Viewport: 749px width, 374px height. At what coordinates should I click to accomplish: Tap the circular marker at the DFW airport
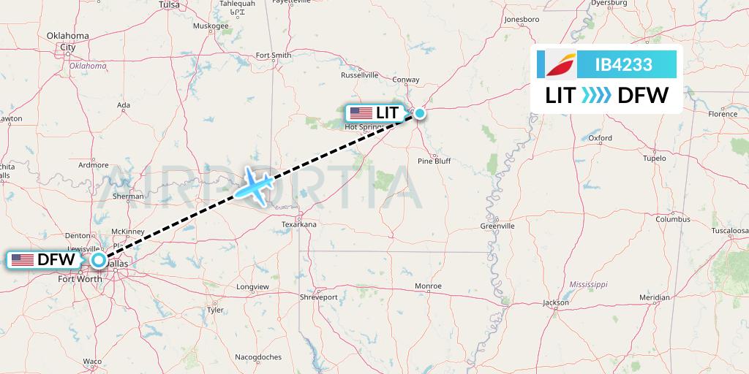coord(99,259)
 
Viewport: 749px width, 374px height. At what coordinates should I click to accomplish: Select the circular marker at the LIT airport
coord(420,113)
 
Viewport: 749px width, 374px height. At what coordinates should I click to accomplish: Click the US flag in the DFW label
coord(22,259)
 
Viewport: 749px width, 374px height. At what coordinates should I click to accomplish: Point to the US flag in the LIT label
coord(361,113)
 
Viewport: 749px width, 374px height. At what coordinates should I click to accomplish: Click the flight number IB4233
coord(623,64)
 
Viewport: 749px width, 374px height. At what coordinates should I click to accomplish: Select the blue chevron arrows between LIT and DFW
coord(596,95)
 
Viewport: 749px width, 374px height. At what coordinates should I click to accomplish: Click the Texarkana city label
coord(298,224)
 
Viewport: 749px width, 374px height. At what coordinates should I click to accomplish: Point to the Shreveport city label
coord(319,297)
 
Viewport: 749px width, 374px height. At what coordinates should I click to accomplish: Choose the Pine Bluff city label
coord(434,161)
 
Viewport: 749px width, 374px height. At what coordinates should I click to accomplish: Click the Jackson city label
coord(556,302)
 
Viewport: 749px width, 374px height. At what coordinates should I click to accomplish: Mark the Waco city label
coord(92,362)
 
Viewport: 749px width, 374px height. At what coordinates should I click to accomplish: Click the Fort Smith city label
coord(274,56)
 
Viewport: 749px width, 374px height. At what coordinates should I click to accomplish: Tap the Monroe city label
coord(428,286)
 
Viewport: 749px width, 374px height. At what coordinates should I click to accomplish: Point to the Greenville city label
coord(497,226)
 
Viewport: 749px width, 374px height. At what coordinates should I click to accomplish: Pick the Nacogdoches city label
coord(258,357)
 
